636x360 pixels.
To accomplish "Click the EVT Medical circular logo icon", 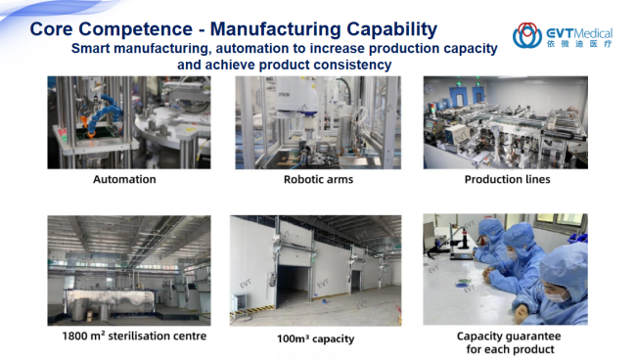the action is coord(526,35).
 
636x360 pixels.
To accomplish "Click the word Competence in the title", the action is coord(135,29).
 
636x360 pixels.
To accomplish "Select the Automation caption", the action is coord(124,179).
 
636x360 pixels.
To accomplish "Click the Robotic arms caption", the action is coord(318,179).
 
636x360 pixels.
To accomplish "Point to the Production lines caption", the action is coord(508,179).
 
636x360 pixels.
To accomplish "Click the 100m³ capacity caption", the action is coord(316,338).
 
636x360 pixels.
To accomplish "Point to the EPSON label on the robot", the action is coord(284,95).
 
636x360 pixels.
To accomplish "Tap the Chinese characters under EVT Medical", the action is coord(579,43).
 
